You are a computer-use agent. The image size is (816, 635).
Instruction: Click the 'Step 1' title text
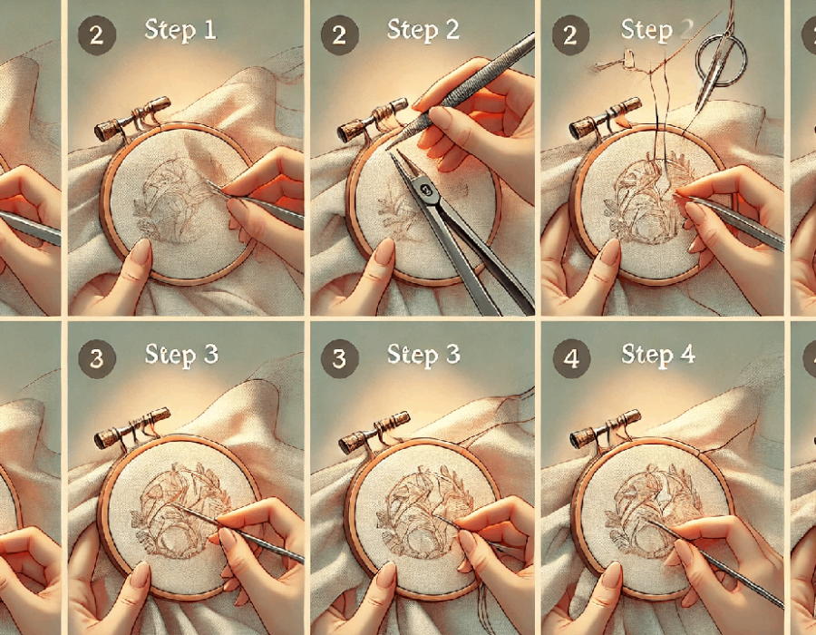point(180,29)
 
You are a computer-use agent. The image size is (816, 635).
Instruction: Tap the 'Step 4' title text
point(658,355)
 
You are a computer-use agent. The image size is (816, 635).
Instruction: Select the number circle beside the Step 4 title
point(571,358)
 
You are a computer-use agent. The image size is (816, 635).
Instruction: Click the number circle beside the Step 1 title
point(96,34)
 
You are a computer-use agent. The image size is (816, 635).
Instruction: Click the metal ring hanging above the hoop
point(721,58)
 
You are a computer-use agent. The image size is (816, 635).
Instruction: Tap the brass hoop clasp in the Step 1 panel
point(132,120)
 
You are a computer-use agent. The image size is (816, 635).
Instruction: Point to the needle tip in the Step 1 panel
point(208,181)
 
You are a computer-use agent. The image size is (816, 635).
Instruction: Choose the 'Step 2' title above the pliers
point(423,30)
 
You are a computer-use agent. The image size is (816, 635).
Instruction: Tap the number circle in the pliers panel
point(339,35)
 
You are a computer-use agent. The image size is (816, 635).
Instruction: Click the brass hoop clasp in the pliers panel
point(373,121)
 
